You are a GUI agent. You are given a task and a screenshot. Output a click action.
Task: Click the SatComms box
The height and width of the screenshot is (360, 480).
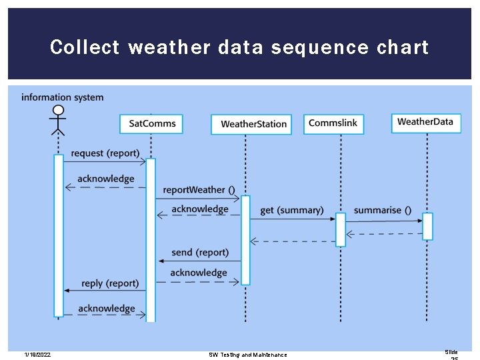[x=151, y=123]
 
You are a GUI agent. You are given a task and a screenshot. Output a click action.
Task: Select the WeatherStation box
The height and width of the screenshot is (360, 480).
[x=251, y=124]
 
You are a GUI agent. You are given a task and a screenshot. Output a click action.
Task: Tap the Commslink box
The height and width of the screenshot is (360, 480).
[x=333, y=123]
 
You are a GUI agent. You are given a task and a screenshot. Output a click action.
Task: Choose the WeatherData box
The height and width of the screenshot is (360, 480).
[x=425, y=122]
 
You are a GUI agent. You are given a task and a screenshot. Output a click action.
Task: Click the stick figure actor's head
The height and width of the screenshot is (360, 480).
[x=59, y=112]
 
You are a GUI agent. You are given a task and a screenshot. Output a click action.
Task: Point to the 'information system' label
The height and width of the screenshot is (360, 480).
[x=63, y=97]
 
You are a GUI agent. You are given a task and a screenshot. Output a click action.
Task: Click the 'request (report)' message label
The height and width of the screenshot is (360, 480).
[x=105, y=153]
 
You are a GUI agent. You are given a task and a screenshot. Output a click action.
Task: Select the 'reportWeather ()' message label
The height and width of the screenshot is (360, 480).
[x=199, y=190]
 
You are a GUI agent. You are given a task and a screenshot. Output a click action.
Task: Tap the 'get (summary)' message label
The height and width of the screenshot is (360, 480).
[x=291, y=211]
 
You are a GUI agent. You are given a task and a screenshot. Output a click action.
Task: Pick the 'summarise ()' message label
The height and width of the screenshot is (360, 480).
[x=382, y=211]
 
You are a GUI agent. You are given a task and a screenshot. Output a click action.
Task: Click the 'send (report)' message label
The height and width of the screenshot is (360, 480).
[x=199, y=253]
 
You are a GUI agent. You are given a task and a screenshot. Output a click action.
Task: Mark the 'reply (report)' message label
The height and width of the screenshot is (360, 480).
[x=110, y=283]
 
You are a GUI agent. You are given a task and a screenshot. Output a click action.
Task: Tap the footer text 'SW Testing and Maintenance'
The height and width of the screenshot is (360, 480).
[x=248, y=355]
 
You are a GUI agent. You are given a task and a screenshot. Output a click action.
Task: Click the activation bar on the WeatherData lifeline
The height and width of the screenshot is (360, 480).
[x=427, y=226]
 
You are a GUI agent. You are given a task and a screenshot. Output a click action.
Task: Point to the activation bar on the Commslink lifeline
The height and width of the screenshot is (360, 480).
[x=341, y=229]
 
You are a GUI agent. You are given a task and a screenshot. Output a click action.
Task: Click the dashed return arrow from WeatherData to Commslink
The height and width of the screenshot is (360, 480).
[x=384, y=234]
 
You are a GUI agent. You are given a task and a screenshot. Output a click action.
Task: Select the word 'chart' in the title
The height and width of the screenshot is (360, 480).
[x=403, y=48]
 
